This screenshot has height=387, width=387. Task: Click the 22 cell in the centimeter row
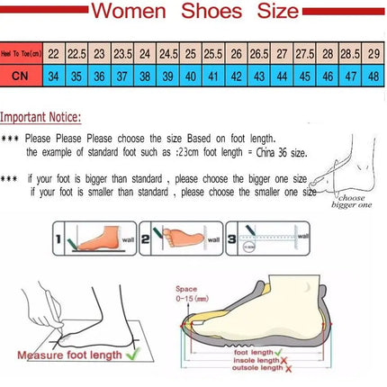tap(54, 53)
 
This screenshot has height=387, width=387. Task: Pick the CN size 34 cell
tap(54, 76)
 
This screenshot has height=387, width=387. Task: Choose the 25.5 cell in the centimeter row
tap(213, 53)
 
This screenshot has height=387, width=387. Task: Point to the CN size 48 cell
tap(373, 76)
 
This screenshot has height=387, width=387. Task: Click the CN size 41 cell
tap(213, 76)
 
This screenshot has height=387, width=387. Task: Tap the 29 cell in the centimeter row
tap(373, 53)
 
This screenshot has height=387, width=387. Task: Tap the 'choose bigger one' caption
tap(352, 200)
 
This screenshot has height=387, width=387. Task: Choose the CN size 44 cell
tap(282, 76)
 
